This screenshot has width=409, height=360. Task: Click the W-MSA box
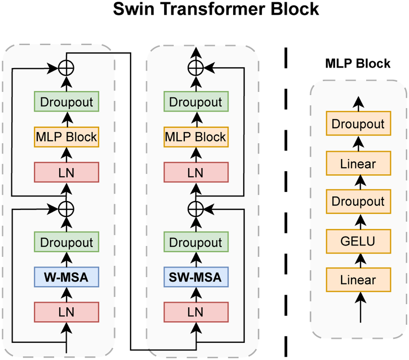point(66,277)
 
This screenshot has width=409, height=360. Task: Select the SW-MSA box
point(196,277)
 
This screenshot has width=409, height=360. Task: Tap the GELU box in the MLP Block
point(358,241)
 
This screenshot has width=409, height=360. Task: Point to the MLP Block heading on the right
point(358,64)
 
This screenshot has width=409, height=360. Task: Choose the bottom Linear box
point(358,280)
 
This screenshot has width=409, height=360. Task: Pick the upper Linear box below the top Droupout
point(358,163)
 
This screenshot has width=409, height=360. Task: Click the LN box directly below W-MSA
point(66,312)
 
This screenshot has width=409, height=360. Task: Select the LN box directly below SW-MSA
point(196,312)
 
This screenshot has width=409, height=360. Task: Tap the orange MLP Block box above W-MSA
point(66,137)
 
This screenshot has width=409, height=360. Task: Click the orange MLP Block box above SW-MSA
point(196,137)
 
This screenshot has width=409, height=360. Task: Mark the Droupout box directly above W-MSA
point(66,242)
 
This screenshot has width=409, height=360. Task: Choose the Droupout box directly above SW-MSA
point(196,242)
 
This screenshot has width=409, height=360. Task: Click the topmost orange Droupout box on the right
point(358,124)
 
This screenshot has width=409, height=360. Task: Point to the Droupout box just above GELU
point(358,201)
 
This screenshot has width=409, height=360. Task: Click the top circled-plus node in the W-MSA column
point(66,68)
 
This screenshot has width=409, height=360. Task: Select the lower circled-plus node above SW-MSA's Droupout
point(196,208)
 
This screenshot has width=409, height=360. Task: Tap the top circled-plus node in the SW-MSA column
point(196,68)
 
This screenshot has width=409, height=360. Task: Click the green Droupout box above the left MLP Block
point(66,101)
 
